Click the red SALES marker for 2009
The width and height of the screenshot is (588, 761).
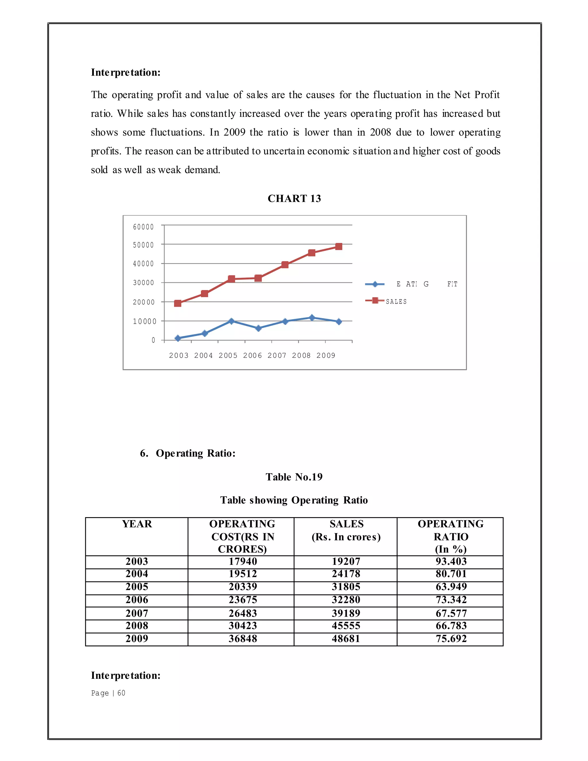click(x=338, y=246)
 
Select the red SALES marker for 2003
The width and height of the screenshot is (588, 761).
click(x=178, y=303)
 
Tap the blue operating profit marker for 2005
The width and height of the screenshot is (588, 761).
click(x=231, y=321)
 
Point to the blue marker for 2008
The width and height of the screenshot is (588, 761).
click(x=312, y=317)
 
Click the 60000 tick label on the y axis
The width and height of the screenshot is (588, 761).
click(x=143, y=227)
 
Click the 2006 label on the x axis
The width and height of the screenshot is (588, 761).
click(x=252, y=356)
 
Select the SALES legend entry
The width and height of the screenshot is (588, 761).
click(x=396, y=302)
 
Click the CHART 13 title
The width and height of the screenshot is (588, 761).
click(x=294, y=198)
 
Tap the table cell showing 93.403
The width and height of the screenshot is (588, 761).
click(x=451, y=561)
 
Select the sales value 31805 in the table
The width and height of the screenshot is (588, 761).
click(x=346, y=587)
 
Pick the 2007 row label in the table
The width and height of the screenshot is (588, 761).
click(x=137, y=613)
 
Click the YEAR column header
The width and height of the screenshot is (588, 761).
click(x=137, y=524)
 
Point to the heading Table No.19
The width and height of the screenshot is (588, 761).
click(x=294, y=477)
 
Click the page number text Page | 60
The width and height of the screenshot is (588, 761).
click(x=108, y=693)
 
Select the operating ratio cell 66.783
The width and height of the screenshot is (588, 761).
click(x=451, y=626)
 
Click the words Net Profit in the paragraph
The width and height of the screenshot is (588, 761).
click(x=477, y=95)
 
